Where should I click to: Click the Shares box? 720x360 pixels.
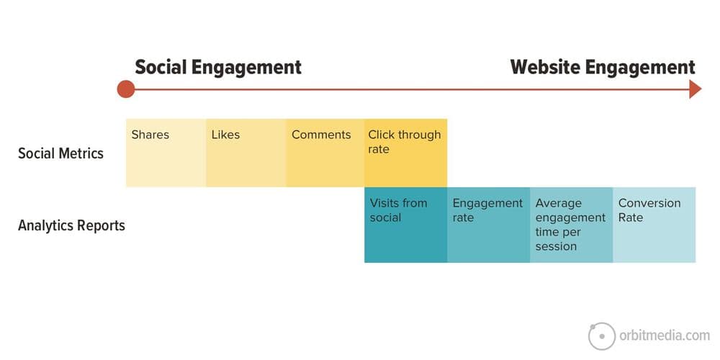click(166, 153)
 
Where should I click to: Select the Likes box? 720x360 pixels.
click(246, 153)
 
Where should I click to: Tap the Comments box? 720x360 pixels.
click(325, 153)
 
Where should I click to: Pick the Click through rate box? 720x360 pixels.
click(406, 153)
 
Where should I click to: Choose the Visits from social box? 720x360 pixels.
click(406, 225)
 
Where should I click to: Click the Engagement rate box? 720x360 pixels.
click(489, 225)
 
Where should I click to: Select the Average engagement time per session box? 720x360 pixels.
click(571, 225)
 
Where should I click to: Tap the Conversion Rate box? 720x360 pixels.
click(654, 225)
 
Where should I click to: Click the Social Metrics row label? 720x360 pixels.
click(60, 153)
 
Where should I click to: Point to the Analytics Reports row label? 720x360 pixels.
click(71, 226)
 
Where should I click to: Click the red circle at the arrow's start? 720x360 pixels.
click(126, 89)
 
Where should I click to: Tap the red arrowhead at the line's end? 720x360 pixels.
click(696, 89)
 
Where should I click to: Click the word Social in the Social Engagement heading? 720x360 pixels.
click(161, 67)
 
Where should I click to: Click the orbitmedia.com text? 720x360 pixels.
click(664, 336)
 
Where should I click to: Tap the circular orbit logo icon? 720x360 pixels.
click(601, 336)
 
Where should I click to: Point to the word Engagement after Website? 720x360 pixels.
click(640, 68)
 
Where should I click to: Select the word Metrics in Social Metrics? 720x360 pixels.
click(81, 153)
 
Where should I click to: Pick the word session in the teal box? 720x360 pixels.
click(556, 246)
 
